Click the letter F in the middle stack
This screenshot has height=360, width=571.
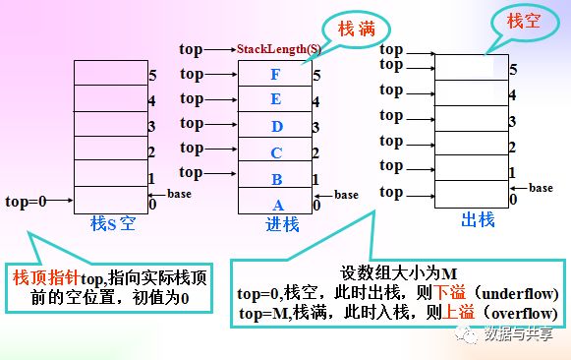[275, 75]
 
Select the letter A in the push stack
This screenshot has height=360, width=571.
[278, 206]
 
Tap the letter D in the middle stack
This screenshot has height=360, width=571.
[277, 127]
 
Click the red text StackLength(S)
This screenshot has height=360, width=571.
[279, 49]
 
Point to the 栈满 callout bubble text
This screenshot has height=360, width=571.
[357, 29]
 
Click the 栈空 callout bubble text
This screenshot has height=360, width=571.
[523, 21]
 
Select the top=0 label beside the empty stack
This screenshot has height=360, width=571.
[26, 201]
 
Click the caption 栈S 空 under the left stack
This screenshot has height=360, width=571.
[113, 223]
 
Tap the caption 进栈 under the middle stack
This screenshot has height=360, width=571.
[282, 224]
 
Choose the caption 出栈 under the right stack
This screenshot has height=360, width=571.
[478, 219]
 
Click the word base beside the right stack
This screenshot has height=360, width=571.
[541, 188]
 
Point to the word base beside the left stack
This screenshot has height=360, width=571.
[179, 194]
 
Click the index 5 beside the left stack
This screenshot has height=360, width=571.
[152, 76]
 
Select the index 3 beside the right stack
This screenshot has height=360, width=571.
[512, 122]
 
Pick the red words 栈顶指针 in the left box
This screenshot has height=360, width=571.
[46, 278]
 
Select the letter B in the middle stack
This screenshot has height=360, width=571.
[277, 180]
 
